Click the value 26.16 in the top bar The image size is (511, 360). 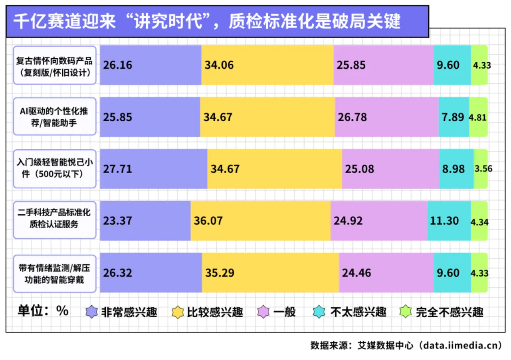click(x=117, y=65)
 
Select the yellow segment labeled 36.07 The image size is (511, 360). click(x=261, y=221)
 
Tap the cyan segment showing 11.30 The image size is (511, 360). click(x=449, y=221)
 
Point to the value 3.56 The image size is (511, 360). click(x=483, y=169)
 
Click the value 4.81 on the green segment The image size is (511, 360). click(x=477, y=117)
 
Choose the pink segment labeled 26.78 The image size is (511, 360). click(x=387, y=117)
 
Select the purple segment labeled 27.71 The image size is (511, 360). click(x=154, y=169)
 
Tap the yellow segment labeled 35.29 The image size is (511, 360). click(x=271, y=273)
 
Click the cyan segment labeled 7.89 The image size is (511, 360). click(x=454, y=117)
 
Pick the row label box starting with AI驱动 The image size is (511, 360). click(x=55, y=117)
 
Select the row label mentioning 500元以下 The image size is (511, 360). click(x=55, y=168)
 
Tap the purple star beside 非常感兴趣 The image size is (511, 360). click(x=92, y=312)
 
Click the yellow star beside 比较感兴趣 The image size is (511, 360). click(x=178, y=312)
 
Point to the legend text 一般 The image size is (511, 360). click(x=285, y=312)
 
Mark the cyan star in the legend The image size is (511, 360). click(x=319, y=312)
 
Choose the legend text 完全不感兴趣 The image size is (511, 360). click(x=450, y=312)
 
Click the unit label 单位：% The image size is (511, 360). click(x=43, y=311)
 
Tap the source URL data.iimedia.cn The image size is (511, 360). click(x=460, y=345)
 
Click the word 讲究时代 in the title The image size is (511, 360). click(x=168, y=21)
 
